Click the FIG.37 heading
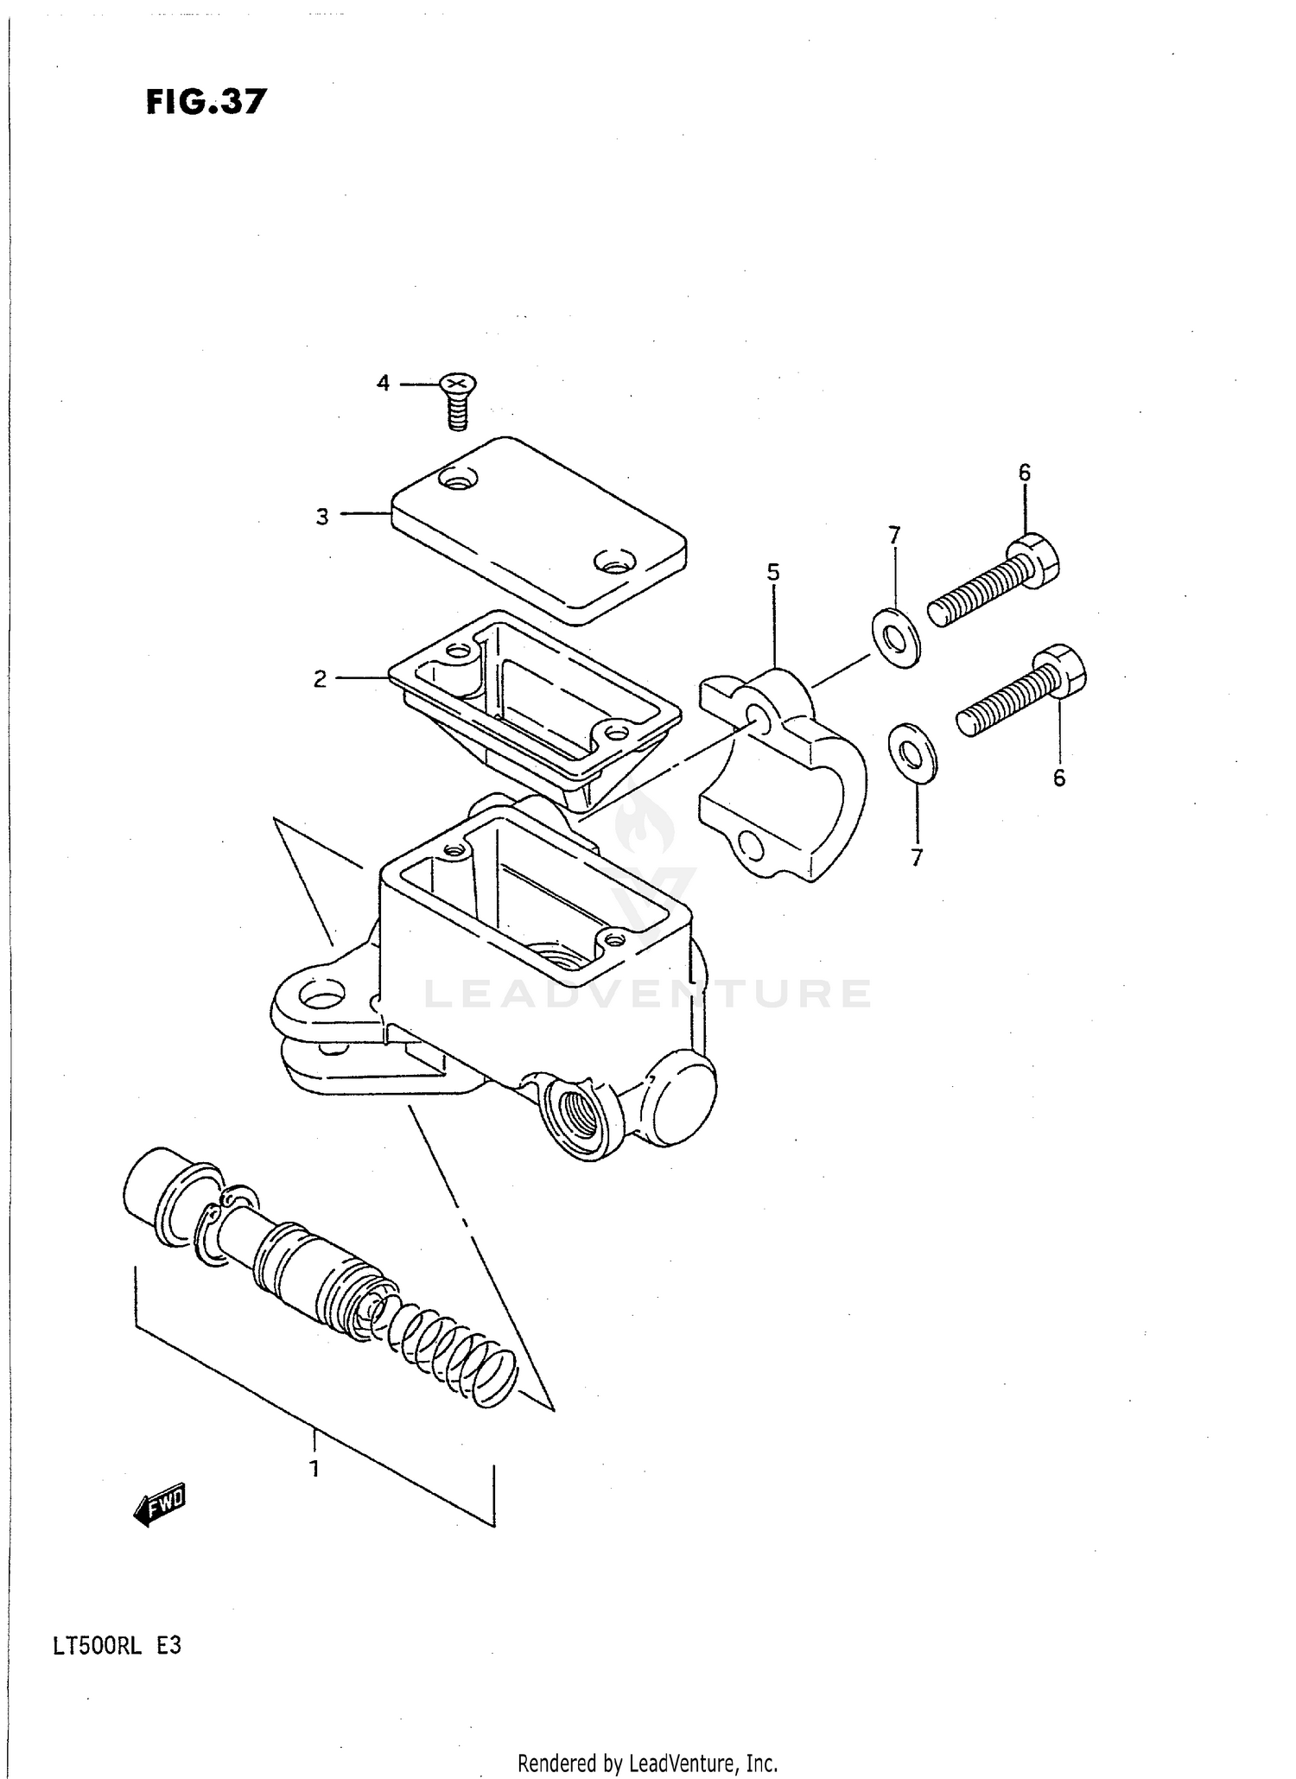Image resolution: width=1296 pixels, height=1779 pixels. (206, 102)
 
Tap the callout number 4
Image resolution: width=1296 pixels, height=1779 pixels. (383, 383)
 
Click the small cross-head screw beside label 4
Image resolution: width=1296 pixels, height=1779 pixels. (459, 399)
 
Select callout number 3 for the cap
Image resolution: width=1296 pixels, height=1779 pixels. (321, 517)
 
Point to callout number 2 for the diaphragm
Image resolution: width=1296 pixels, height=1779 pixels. (320, 679)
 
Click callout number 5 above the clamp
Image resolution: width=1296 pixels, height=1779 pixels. (773, 571)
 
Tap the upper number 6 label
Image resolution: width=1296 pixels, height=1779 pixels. (1024, 473)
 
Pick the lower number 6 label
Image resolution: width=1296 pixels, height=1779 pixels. (1059, 778)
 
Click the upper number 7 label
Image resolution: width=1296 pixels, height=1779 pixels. (894, 536)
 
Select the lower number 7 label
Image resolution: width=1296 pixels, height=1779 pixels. (917, 857)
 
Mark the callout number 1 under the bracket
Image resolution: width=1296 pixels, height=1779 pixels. (315, 1468)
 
